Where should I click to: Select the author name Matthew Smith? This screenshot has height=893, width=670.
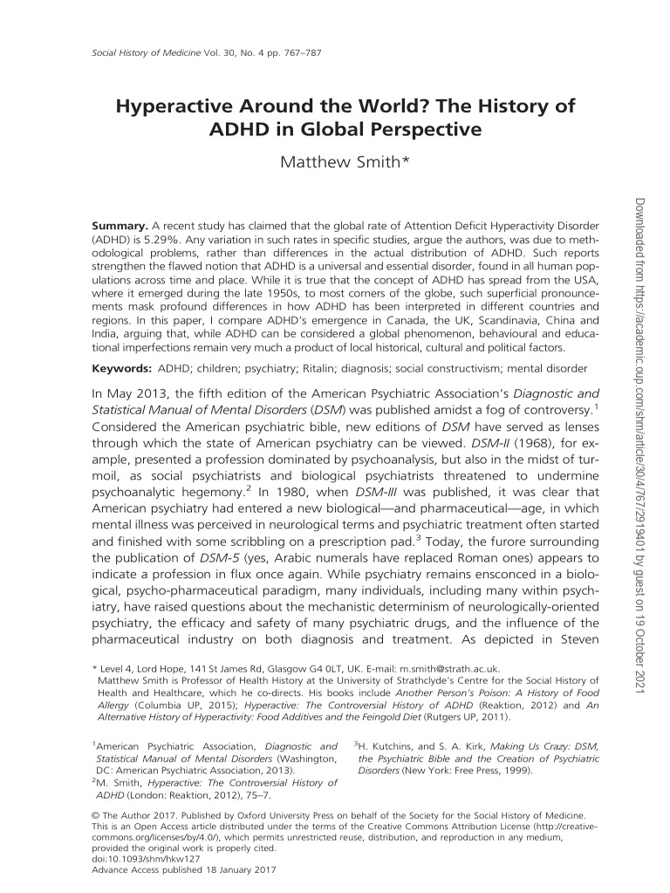click(335, 165)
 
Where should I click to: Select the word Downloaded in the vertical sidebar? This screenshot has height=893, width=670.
click(647, 228)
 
